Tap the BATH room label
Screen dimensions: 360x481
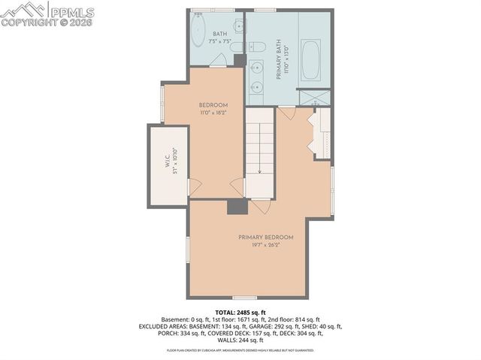[x=220, y=34]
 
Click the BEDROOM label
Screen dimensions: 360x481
[x=213, y=104]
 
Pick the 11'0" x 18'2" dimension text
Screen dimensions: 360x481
[x=213, y=113]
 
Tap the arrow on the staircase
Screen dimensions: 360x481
[x=260, y=171]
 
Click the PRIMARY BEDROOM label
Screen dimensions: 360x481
[x=265, y=237]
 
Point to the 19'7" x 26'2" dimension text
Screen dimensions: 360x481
[x=265, y=245]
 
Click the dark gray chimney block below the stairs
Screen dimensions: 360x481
[x=236, y=207]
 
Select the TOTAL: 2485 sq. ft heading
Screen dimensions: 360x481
[x=240, y=312]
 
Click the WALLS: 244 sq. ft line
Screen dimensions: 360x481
[x=240, y=340]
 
